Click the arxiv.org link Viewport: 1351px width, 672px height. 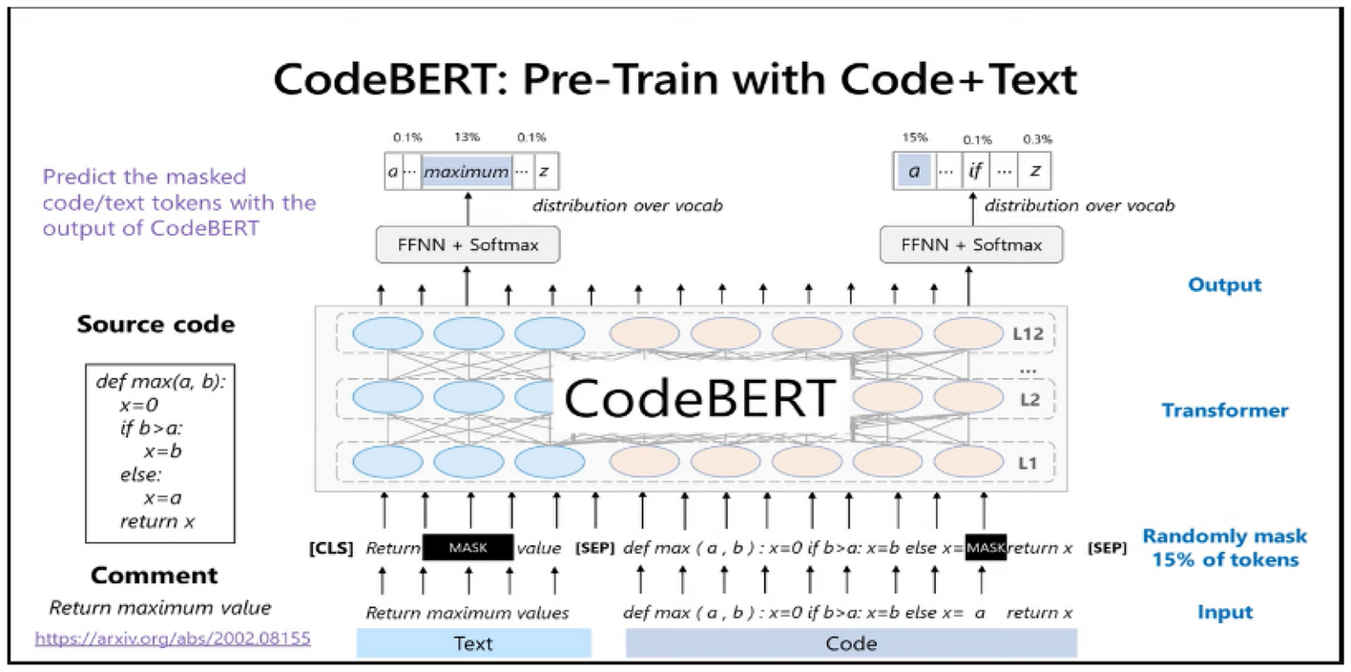(x=173, y=638)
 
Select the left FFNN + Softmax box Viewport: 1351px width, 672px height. (x=467, y=244)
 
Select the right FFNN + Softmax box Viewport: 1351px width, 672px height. (x=970, y=244)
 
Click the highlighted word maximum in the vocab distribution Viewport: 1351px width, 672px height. (x=466, y=172)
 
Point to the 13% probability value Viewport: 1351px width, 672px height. (x=467, y=136)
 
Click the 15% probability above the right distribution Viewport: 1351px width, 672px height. (x=914, y=136)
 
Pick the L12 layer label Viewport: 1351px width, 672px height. (x=1027, y=335)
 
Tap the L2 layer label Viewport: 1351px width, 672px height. (x=1029, y=400)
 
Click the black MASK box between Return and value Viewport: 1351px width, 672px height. (x=468, y=548)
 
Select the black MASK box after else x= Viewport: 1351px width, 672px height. (x=985, y=548)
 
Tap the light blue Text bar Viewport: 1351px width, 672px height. (x=473, y=642)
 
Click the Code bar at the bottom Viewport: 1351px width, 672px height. (x=851, y=642)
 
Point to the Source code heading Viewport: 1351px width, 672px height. (x=156, y=325)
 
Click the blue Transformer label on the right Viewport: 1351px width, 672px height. (x=1224, y=410)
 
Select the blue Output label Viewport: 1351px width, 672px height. (x=1224, y=284)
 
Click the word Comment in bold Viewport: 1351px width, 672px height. (x=155, y=576)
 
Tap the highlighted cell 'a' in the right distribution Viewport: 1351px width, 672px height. (x=914, y=172)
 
